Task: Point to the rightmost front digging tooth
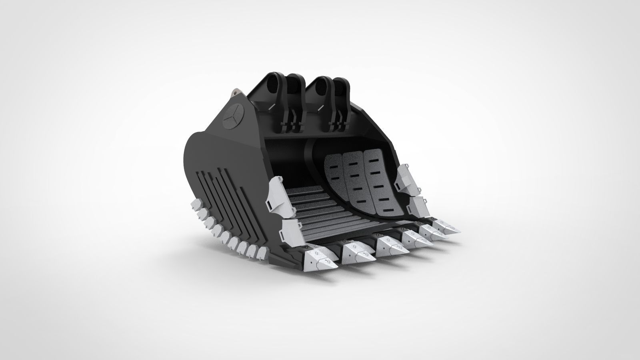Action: click(x=447, y=228)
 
